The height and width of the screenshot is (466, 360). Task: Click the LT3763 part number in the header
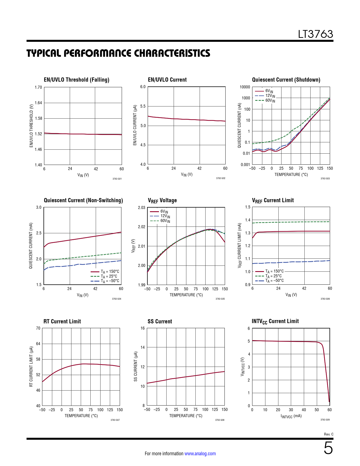point(315,34)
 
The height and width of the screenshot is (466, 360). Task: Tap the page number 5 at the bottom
point(328,448)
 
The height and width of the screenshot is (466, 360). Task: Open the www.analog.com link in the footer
point(200,454)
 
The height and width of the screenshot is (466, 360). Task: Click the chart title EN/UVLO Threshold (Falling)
point(77,80)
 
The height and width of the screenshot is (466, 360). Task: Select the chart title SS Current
point(160,321)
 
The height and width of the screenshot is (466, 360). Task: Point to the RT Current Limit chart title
point(62,321)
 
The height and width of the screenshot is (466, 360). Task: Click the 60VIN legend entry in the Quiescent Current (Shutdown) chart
point(270,100)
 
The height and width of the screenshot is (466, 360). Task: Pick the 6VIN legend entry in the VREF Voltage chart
point(164,211)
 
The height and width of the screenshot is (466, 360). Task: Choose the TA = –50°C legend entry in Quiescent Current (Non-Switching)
point(110,281)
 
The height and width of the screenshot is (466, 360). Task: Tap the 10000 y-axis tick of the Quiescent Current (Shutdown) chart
point(245,87)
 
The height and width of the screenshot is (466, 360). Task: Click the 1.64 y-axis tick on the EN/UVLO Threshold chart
point(38,103)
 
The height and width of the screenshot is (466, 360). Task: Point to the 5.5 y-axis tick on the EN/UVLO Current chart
point(143,106)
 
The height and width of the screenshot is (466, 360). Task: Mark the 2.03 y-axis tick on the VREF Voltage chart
point(141,208)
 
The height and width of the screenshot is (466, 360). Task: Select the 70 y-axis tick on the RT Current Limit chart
point(38,328)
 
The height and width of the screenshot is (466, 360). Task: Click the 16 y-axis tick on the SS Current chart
point(143,328)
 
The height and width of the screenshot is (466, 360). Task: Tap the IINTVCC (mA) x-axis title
point(291,416)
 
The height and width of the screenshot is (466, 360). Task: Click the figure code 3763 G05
point(220,299)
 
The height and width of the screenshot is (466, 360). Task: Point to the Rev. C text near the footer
point(329,434)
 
